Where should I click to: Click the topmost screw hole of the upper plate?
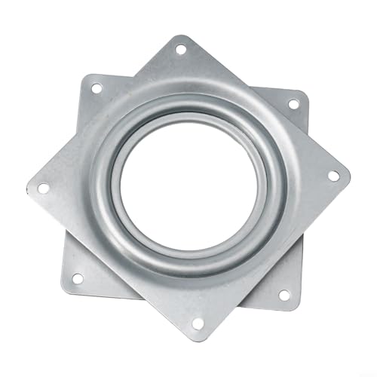[x=180, y=50]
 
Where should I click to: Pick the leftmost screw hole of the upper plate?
[x=44, y=187]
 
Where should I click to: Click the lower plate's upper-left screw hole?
[x=96, y=88]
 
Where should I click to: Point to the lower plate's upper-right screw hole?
[x=293, y=104]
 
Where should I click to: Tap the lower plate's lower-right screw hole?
[x=284, y=295]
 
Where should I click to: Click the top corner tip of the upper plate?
[x=179, y=35]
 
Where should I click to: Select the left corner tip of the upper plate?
[x=27, y=187]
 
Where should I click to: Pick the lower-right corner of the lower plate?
[x=296, y=305]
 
